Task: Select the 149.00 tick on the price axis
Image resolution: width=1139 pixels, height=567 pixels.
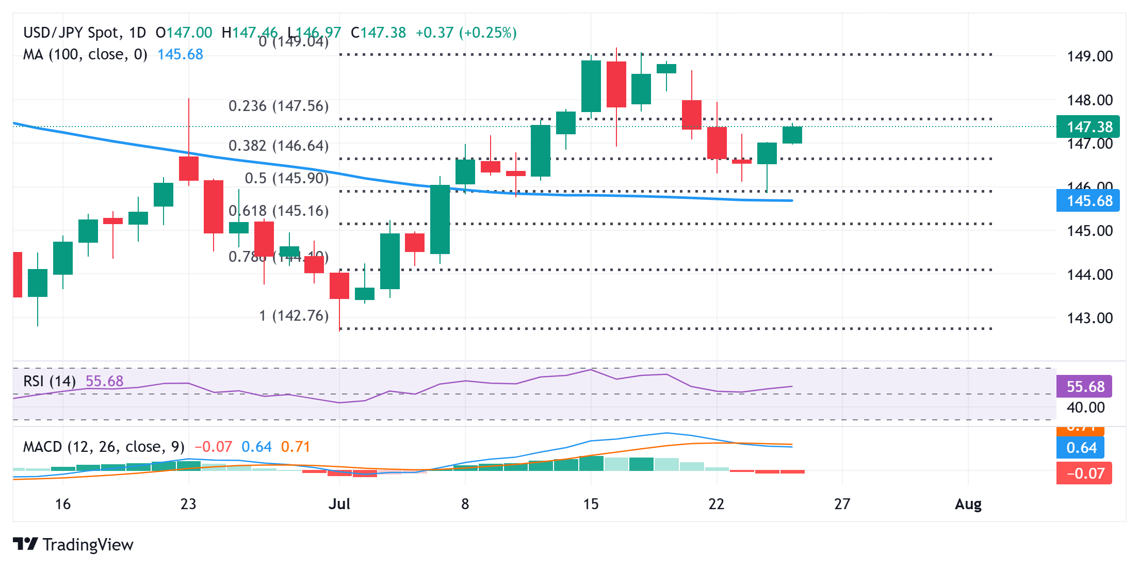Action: point(1089,56)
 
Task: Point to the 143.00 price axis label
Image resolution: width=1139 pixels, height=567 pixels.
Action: point(1089,318)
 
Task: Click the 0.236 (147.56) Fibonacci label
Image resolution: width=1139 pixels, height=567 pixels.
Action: point(279,106)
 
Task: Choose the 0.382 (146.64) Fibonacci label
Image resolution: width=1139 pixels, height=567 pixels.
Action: point(279,146)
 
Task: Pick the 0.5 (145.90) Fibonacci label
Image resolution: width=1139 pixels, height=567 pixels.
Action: point(286,178)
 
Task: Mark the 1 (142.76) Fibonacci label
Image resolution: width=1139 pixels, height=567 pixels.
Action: point(294,316)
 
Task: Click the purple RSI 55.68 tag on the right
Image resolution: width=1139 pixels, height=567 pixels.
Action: point(1084,386)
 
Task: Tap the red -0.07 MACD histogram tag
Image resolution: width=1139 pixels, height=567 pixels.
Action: point(1084,473)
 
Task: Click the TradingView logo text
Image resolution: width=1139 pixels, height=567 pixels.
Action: point(88,545)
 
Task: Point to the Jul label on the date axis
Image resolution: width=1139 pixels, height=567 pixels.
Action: point(339,504)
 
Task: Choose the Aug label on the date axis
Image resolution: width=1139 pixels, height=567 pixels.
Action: point(968,504)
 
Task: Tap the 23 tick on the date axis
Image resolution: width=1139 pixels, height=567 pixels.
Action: point(188,504)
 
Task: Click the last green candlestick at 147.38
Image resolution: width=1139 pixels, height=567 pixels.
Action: point(792,135)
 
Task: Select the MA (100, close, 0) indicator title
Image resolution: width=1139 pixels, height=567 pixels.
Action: point(85,54)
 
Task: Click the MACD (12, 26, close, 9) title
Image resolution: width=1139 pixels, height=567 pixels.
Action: point(104,447)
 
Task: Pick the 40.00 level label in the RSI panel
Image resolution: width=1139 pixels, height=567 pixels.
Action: point(1085,407)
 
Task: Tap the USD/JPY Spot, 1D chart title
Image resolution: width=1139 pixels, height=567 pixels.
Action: point(85,33)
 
